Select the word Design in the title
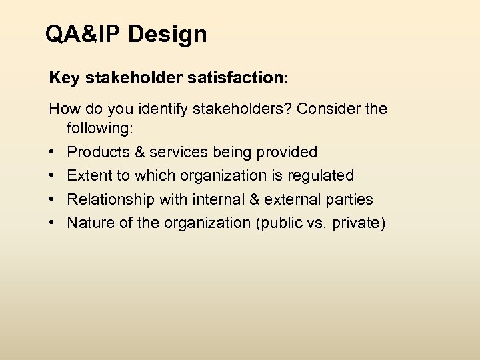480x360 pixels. click(x=167, y=34)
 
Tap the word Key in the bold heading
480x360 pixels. click(x=63, y=78)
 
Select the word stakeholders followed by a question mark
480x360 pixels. click(x=243, y=108)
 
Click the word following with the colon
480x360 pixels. click(x=99, y=127)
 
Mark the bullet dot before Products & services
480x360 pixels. click(x=53, y=152)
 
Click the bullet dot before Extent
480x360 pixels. click(x=53, y=176)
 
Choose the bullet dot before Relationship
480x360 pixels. click(x=53, y=199)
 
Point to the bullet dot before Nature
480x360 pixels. click(x=53, y=223)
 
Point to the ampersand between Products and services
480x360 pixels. click(x=140, y=152)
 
